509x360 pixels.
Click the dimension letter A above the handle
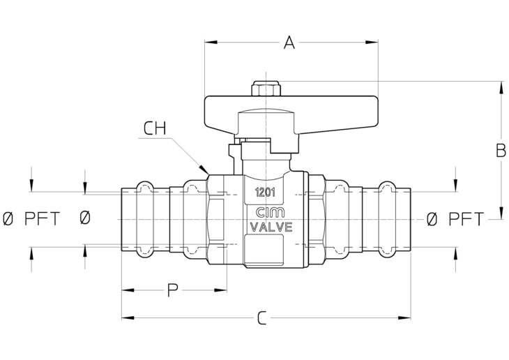[289, 43]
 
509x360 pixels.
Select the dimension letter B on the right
[501, 151]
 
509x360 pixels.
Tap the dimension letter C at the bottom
[261, 318]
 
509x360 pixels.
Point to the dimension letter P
[173, 290]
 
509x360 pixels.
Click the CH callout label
[155, 128]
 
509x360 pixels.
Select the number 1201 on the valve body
[265, 193]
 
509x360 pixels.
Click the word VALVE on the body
[271, 227]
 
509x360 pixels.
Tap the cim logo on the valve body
[270, 213]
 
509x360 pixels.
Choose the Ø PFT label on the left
[31, 218]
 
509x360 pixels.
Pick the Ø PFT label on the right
[455, 219]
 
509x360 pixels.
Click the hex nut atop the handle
[266, 89]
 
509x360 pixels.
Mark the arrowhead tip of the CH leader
[208, 174]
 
